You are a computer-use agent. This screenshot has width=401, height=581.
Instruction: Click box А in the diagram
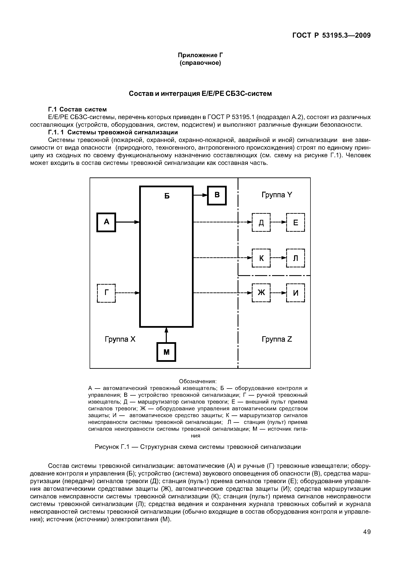tap(106, 222)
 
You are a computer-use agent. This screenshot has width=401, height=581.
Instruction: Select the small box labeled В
tap(217, 195)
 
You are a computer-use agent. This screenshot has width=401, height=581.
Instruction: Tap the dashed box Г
tap(106, 293)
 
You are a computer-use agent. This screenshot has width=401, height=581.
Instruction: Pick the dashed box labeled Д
tap(261, 222)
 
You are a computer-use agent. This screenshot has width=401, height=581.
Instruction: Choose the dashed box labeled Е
tap(295, 222)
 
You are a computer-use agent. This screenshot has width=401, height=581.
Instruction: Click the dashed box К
tap(261, 258)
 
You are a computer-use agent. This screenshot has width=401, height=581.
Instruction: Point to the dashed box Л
tap(295, 258)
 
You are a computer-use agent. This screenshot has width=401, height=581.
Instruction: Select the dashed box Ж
tap(261, 293)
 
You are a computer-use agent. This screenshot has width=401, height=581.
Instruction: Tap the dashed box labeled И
tap(295, 293)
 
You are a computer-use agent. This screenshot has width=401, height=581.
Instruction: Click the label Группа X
tap(120, 339)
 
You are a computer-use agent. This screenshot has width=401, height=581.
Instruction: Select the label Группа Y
tap(277, 195)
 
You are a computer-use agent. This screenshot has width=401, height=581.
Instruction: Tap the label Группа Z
tap(277, 339)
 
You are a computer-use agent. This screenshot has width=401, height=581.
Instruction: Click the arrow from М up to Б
tap(166, 335)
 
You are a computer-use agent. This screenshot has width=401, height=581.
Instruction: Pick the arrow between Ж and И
tap(278, 293)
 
